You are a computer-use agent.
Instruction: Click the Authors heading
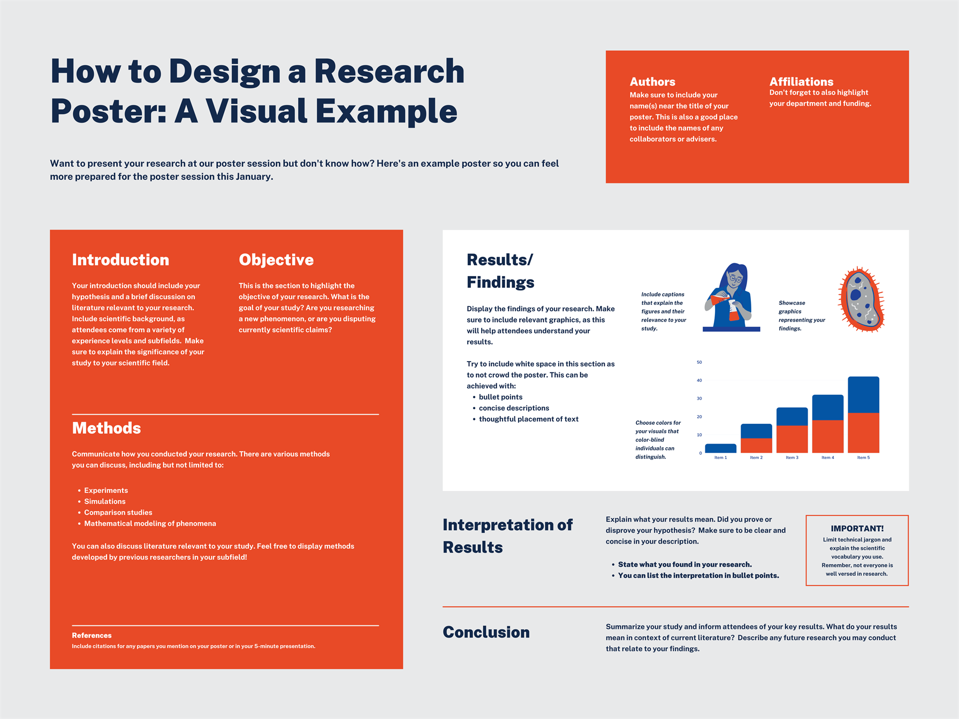pos(652,82)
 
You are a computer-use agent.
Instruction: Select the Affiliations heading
pos(801,82)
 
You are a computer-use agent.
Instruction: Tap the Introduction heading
pos(120,260)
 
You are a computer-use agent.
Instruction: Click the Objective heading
pos(276,260)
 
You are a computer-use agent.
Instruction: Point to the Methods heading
pos(106,428)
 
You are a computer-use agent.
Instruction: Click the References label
pos(92,636)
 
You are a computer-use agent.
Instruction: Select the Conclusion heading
pos(486,632)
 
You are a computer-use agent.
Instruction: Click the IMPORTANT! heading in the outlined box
pos(857,529)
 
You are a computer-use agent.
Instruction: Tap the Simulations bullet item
pos(105,501)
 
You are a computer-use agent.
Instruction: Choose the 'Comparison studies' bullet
pos(118,513)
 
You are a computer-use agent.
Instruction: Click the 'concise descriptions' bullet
pos(514,408)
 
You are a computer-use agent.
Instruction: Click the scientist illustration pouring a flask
pos(731,297)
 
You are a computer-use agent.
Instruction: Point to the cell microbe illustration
pos(861,299)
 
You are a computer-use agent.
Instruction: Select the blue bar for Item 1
pos(720,448)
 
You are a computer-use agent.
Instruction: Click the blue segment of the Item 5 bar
pos(863,395)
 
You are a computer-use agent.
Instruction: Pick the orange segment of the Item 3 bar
pos(792,439)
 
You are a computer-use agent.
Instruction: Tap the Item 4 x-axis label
pos(828,458)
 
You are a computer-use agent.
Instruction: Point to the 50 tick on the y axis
pos(699,362)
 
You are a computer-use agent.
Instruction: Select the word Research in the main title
pos(389,71)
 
